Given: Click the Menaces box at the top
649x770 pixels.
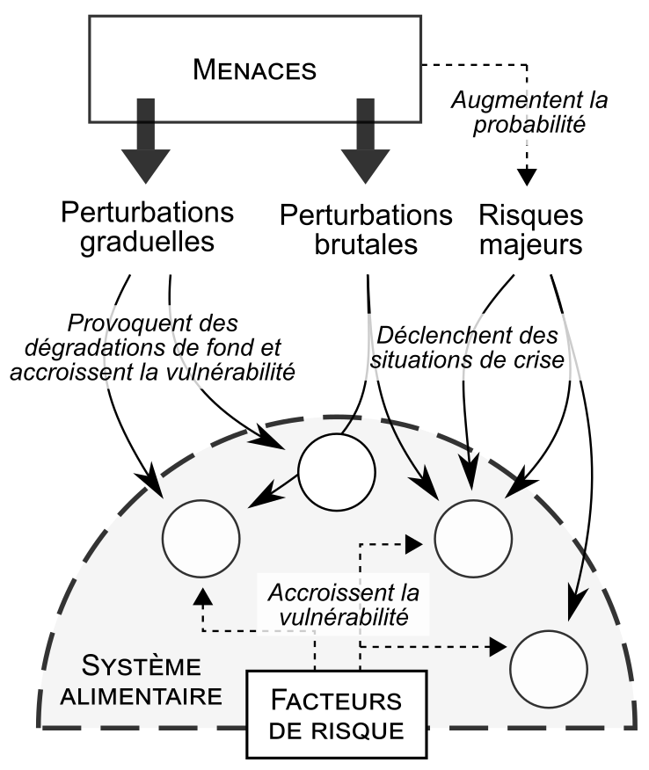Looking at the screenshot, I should tap(254, 69).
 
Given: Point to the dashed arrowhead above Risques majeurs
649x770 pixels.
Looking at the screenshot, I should tap(528, 176).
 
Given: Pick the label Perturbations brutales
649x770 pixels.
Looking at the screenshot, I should tap(365, 229).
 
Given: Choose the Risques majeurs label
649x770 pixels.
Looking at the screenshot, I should tap(531, 229).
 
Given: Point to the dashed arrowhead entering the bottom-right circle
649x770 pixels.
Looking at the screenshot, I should tap(499, 647).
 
